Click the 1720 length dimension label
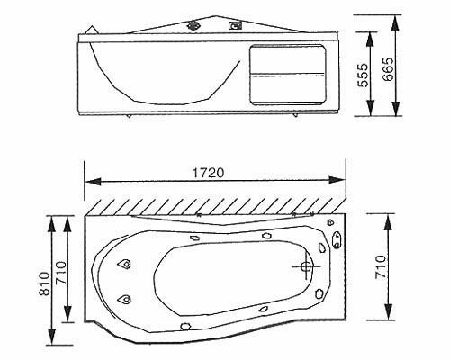(x=208, y=173)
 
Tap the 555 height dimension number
(x=363, y=75)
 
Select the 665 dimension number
(x=388, y=69)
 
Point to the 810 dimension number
(x=44, y=283)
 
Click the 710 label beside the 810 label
(x=61, y=273)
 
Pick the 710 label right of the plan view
(x=381, y=266)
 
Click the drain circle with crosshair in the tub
(x=306, y=266)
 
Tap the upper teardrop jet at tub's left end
(x=124, y=264)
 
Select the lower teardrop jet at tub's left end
(x=124, y=299)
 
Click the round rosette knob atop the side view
(x=193, y=25)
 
